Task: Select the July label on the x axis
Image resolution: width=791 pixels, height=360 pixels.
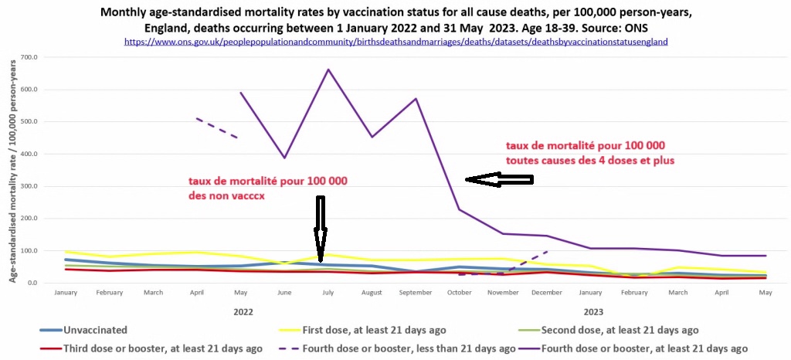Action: [x=328, y=293]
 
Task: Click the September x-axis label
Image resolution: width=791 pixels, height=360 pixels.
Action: [x=416, y=293]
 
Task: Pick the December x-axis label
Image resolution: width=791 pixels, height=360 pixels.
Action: [x=547, y=293]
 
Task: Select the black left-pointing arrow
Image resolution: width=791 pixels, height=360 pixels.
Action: [x=498, y=180]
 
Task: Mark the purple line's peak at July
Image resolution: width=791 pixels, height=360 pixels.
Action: [x=328, y=70]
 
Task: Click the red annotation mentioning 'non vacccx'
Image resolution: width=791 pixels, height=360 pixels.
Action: [x=267, y=188]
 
